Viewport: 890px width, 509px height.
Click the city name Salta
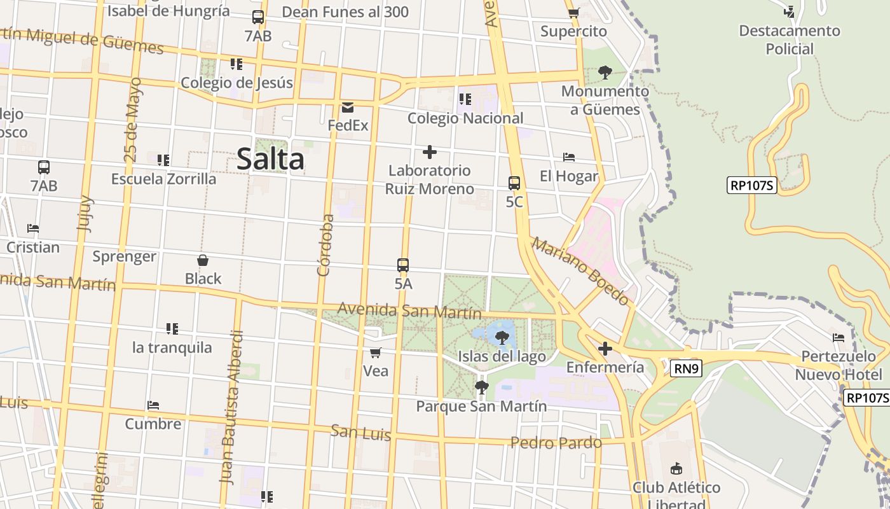270,158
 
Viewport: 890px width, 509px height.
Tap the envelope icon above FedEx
348,107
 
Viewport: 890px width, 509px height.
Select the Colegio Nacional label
465,118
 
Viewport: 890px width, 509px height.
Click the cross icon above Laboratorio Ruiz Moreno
430,152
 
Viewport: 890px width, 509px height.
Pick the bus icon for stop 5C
514,183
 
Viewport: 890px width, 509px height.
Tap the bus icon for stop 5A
403,265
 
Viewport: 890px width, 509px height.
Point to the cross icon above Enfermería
605,349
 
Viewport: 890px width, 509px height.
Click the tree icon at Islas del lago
502,337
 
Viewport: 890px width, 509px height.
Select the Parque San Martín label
481,406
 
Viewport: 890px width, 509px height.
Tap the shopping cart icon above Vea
376,352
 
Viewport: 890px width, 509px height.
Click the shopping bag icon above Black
203,260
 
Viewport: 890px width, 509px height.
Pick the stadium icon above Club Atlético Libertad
676,469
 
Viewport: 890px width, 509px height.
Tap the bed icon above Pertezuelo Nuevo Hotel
839,338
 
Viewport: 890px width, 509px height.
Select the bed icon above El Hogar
569,157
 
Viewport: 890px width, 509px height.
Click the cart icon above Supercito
573,13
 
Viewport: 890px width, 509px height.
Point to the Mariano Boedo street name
580,271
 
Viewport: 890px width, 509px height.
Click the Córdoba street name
325,245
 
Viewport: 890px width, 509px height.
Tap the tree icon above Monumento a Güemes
605,73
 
